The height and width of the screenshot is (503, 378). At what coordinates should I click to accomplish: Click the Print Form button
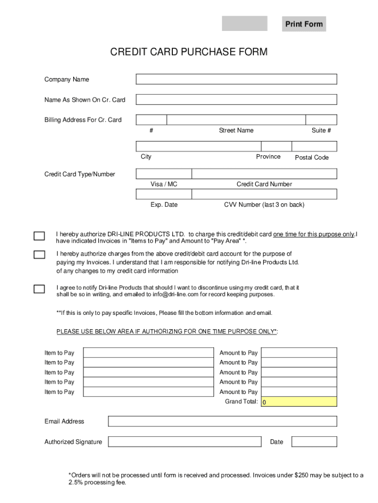(x=304, y=24)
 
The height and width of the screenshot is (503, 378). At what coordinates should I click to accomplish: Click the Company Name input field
(x=236, y=79)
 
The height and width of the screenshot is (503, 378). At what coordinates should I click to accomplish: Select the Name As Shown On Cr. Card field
(x=236, y=100)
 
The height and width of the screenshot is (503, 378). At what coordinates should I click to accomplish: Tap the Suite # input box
(x=321, y=120)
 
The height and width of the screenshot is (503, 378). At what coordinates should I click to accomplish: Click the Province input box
(x=275, y=146)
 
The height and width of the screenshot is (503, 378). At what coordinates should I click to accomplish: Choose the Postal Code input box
(x=314, y=146)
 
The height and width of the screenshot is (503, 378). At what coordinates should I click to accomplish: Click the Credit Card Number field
(x=264, y=173)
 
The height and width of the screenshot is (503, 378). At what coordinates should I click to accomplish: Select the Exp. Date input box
(x=163, y=194)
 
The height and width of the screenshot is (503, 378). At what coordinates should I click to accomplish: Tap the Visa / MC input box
(x=163, y=173)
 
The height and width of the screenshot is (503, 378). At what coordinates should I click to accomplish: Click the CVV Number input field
(x=264, y=194)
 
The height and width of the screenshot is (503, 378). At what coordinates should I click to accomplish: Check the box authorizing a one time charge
(x=39, y=236)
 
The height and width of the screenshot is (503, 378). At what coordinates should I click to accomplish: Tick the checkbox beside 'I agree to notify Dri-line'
(x=39, y=289)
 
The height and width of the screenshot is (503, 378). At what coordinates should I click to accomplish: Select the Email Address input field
(x=222, y=421)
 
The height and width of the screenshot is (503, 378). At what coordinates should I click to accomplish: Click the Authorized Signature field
(x=185, y=442)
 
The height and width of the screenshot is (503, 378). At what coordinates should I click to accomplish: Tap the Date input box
(x=314, y=442)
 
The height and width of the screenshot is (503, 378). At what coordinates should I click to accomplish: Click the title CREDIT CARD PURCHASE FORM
(x=189, y=52)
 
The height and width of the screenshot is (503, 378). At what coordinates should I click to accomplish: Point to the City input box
(x=198, y=146)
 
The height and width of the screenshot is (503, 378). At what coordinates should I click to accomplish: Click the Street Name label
(x=236, y=130)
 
